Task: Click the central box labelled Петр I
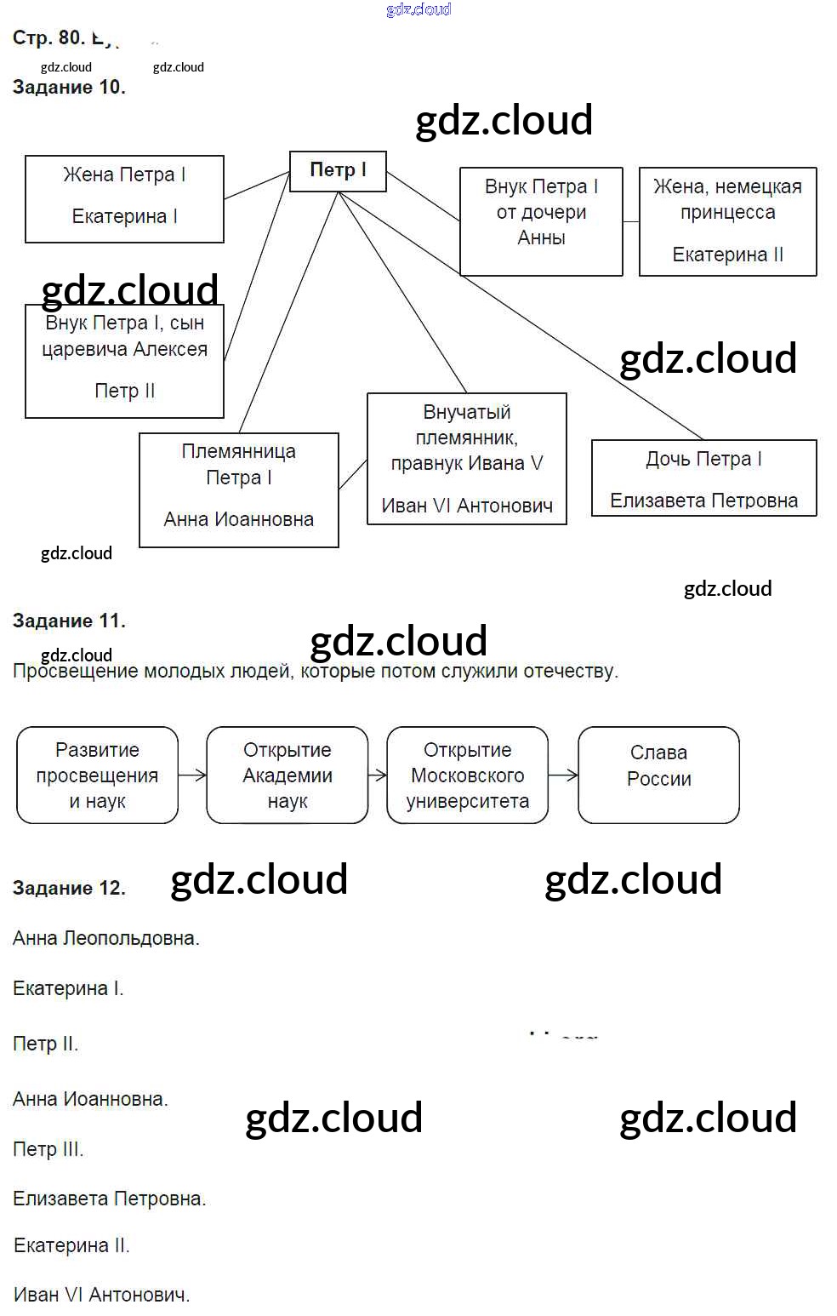pyautogui.click(x=338, y=171)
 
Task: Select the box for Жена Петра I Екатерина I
pyautogui.click(x=124, y=198)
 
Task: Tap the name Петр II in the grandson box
pyautogui.click(x=124, y=391)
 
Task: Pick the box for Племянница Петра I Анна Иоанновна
pyautogui.click(x=239, y=489)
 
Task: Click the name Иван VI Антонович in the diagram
pyautogui.click(x=466, y=506)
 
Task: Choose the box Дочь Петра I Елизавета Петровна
pyautogui.click(x=703, y=478)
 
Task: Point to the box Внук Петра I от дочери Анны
pyautogui.click(x=541, y=221)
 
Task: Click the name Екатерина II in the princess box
pyautogui.click(x=727, y=255)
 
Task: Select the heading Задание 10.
pyautogui.click(x=69, y=87)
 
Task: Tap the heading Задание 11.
pyautogui.click(x=69, y=621)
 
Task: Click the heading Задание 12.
pyautogui.click(x=69, y=888)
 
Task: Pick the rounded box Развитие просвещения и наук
pyautogui.click(x=97, y=775)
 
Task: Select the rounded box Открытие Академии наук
pyautogui.click(x=287, y=775)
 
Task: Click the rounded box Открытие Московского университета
pyautogui.click(x=467, y=775)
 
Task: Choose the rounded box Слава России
pyautogui.click(x=658, y=775)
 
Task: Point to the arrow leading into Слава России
pyautogui.click(x=563, y=775)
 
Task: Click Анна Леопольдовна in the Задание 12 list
pyautogui.click(x=105, y=938)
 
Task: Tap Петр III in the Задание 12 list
pyautogui.click(x=48, y=1149)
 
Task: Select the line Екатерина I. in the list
pyautogui.click(x=68, y=988)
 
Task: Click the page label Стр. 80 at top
pyautogui.click(x=48, y=37)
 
